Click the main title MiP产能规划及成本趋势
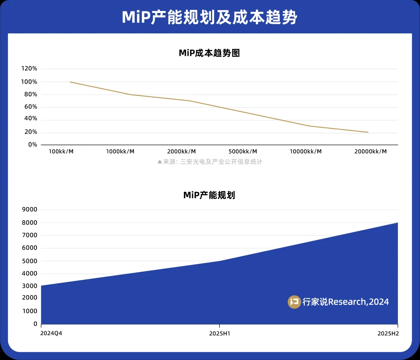click(x=209, y=17)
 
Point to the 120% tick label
click(x=29, y=69)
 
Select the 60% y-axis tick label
click(x=31, y=107)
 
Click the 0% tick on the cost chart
click(x=32, y=145)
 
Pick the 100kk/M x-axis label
click(x=61, y=152)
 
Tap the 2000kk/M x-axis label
click(x=182, y=152)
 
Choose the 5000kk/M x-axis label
click(x=243, y=152)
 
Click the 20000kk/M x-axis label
click(x=371, y=152)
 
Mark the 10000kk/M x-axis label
click(x=306, y=152)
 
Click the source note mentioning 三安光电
click(x=209, y=162)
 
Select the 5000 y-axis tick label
click(x=30, y=261)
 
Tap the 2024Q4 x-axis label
click(x=51, y=333)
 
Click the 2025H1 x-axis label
click(x=219, y=333)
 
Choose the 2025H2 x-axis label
click(x=388, y=333)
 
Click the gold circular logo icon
click(x=294, y=302)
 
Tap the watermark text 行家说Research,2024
click(x=345, y=302)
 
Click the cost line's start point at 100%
click(x=70, y=82)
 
